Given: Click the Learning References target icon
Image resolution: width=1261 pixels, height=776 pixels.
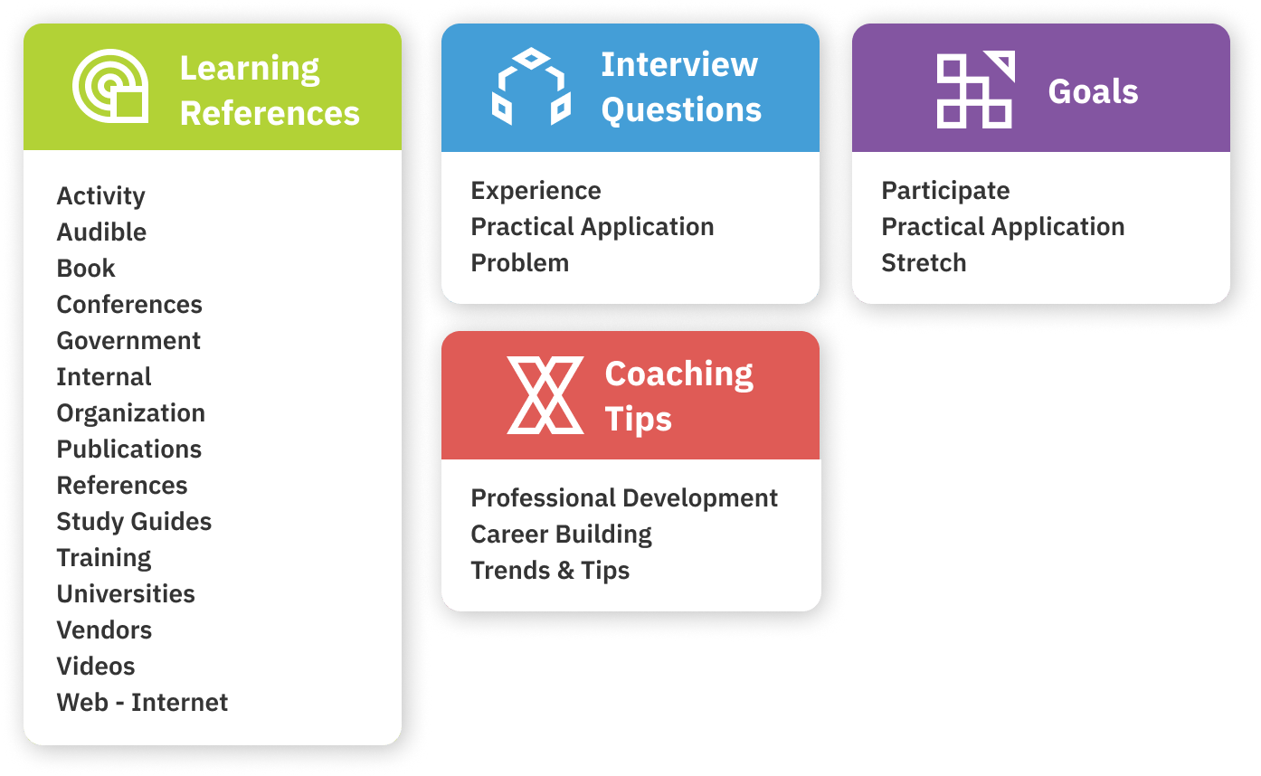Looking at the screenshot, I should point(110,86).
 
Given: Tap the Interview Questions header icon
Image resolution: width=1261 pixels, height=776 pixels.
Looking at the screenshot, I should point(532,87).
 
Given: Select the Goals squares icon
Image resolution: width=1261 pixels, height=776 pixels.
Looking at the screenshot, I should point(975,90).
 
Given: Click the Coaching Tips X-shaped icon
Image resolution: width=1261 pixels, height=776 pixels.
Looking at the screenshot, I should point(545,394).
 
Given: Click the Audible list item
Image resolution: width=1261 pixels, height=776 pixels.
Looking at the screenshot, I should point(101,232).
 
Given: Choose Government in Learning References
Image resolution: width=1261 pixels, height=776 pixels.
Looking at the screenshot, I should point(128,341).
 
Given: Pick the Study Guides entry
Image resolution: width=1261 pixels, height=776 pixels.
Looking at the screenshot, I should point(134,522).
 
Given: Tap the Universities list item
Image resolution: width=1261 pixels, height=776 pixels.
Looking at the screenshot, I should point(126,594).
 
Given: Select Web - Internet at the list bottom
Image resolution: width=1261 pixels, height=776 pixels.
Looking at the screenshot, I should point(142,703).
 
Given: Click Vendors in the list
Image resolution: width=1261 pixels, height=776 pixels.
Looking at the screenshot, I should point(104,630).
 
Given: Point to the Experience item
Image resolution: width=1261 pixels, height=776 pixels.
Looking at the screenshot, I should point(536,191).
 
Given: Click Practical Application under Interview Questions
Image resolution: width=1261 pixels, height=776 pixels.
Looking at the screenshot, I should point(592,227).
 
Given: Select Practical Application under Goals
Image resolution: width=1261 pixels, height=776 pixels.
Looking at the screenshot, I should point(1002,227).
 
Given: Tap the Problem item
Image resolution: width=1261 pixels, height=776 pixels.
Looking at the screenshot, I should point(519,263).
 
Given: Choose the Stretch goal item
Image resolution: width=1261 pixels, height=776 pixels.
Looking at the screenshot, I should point(924,263).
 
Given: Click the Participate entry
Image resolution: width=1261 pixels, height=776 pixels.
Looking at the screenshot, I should point(945,191).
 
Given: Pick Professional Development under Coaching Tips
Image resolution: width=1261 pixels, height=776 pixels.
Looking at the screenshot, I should point(624,498).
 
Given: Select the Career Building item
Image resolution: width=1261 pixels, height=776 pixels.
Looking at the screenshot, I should point(561,535).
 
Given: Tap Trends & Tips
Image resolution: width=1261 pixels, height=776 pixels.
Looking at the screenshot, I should point(550,571).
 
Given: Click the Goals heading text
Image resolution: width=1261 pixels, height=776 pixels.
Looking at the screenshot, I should point(1093,91).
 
